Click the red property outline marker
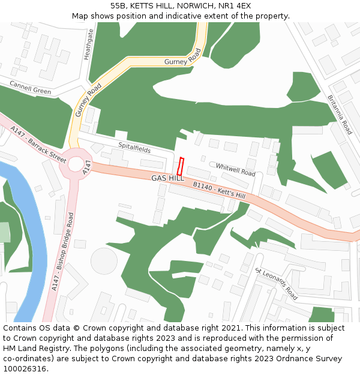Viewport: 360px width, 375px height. [x=180, y=166]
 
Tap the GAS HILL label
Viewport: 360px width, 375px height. [x=167, y=179]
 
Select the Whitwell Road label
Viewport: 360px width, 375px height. [x=235, y=170]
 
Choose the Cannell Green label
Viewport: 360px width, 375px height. [x=30, y=88]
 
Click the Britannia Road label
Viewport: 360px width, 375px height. [x=340, y=114]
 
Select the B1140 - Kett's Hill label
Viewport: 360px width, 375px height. [x=219, y=191]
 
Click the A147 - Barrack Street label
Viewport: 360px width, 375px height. [x=38, y=144]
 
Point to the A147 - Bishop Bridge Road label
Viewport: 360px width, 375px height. [x=62, y=252]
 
